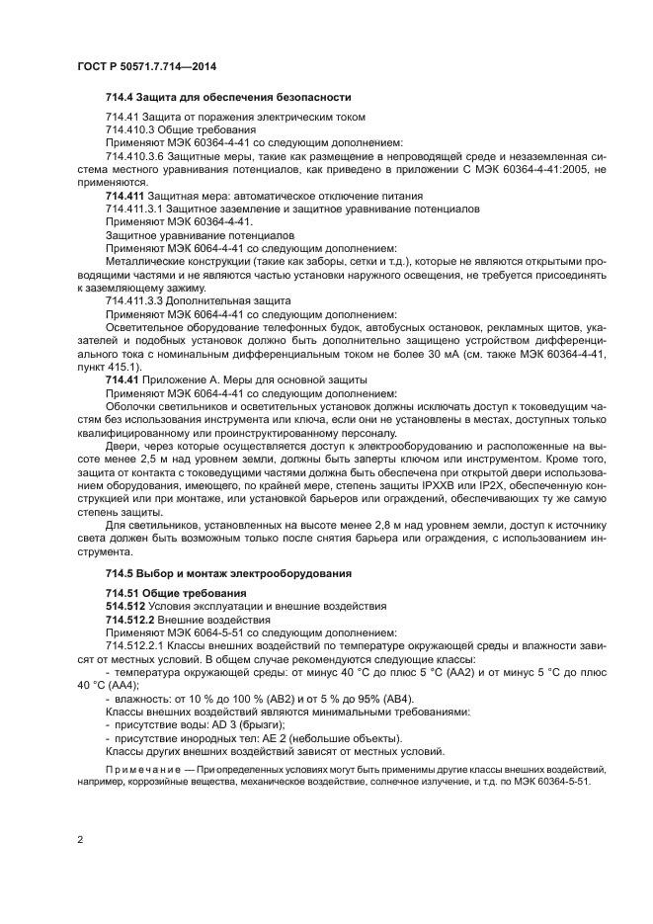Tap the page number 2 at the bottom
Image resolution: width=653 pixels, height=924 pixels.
click(x=80, y=840)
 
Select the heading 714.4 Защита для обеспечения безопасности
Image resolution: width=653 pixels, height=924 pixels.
click(x=227, y=97)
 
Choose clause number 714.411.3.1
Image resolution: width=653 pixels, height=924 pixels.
click(x=134, y=210)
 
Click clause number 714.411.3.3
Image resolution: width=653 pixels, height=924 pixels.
click(x=134, y=300)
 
